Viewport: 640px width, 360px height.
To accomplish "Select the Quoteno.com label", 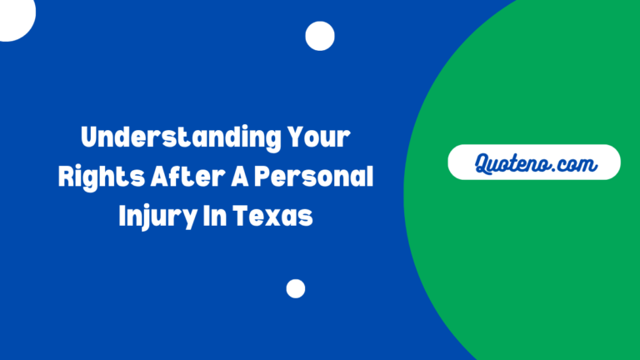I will pos(534,163).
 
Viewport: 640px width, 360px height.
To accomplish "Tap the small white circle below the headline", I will pos(296,288).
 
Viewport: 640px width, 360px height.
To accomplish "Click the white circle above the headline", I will pos(320,36).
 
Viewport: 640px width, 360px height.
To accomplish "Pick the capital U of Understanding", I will pos(88,137).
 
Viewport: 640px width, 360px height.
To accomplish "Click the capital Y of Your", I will pos(292,137).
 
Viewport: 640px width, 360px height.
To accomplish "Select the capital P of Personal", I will pos(261,177).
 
